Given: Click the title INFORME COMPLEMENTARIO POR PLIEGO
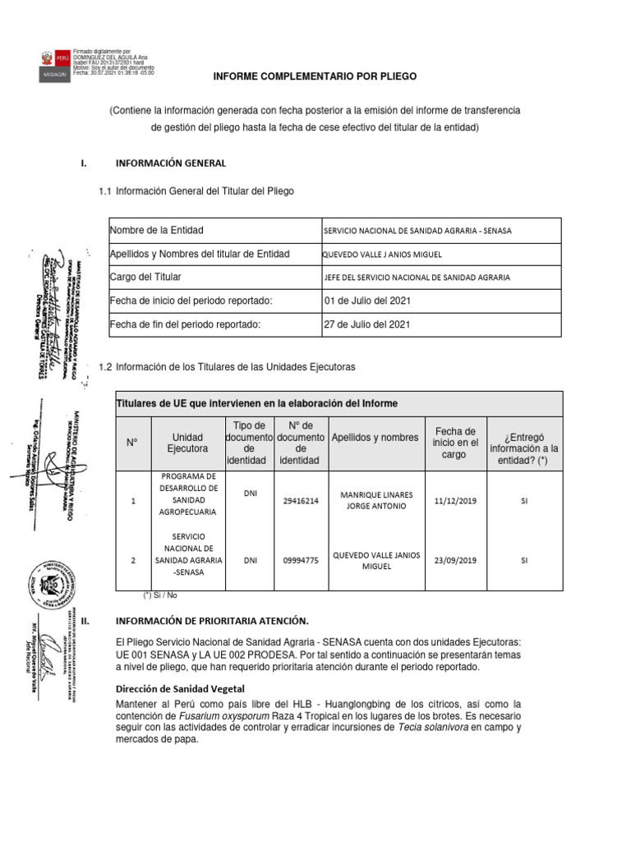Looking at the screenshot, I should [315, 76].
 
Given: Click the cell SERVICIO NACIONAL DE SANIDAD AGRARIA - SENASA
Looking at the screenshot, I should [418, 231].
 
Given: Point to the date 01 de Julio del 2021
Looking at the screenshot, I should [368, 301].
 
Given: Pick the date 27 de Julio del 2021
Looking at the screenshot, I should [368, 324].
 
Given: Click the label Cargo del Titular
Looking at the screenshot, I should [145, 278].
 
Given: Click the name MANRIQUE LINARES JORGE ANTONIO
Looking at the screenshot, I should [377, 500].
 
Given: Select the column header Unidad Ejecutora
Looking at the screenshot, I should [187, 443].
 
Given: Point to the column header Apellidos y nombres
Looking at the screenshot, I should [375, 437].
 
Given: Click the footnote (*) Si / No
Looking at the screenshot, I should [160, 595].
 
